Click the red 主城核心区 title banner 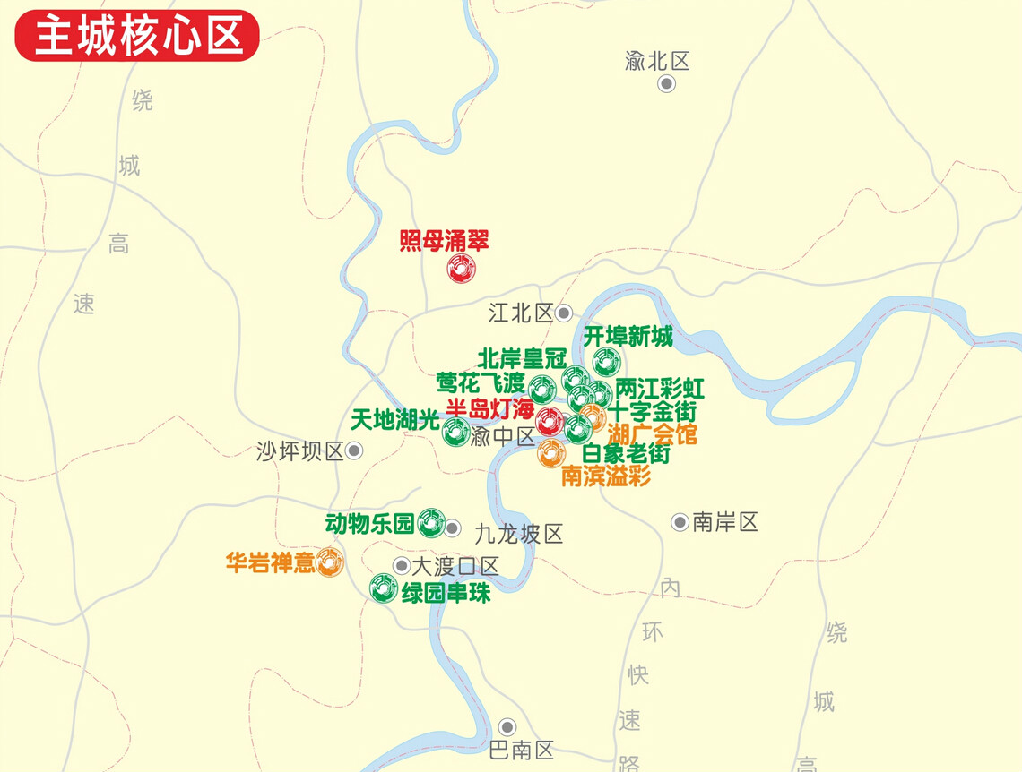137,35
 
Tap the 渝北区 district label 657,62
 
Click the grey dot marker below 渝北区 666,84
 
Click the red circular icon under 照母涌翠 461,269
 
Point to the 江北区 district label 522,313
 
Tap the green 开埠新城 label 628,337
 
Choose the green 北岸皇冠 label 522,358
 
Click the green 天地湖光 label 395,418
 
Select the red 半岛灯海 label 489,408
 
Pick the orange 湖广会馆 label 652,435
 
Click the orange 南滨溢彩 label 605,476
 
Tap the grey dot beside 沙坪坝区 354,451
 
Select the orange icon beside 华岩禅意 330,562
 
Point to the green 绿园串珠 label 446,592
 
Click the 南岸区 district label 725,522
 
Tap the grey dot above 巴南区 508,726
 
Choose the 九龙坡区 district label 519,535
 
